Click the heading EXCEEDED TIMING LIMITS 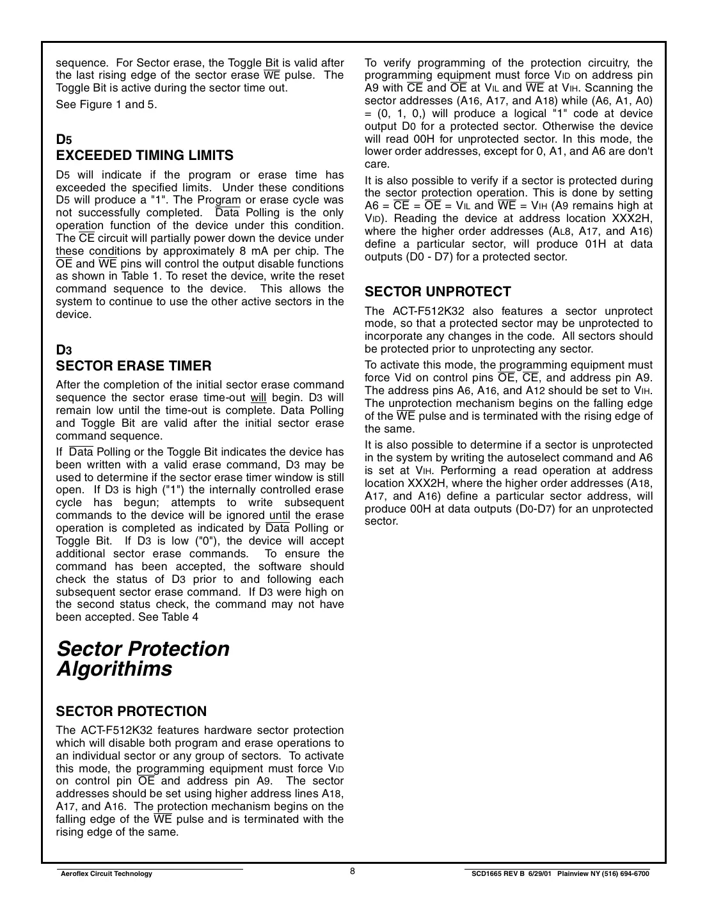tap(145, 155)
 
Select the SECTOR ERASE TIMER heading tap(133, 366)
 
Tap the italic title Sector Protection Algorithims tap(143, 658)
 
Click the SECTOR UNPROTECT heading tap(438, 292)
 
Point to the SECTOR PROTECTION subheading tap(131, 712)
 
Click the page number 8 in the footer tap(353, 871)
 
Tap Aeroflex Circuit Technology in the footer tap(106, 874)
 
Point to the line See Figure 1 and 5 tap(106, 104)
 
